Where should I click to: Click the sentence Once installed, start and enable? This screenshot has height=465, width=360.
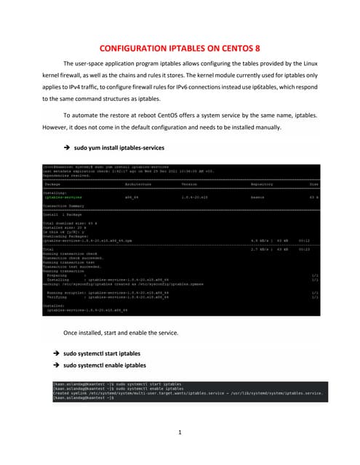(121, 332)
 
